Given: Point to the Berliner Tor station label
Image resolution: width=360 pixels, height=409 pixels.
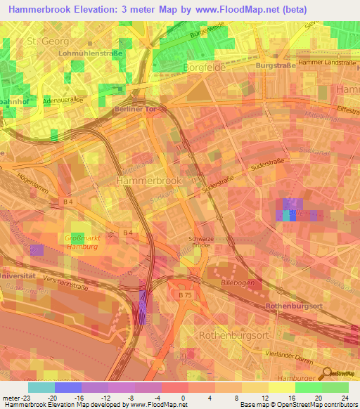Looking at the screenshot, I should (x=134, y=110).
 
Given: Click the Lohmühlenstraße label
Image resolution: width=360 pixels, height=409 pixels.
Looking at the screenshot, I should (x=91, y=53).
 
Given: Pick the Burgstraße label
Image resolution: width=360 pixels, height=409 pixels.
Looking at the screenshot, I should (x=274, y=65).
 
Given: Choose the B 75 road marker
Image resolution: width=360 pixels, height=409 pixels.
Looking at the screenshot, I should (x=185, y=296).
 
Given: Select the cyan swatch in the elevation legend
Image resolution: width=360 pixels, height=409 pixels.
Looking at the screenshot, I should (x=41, y=387).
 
